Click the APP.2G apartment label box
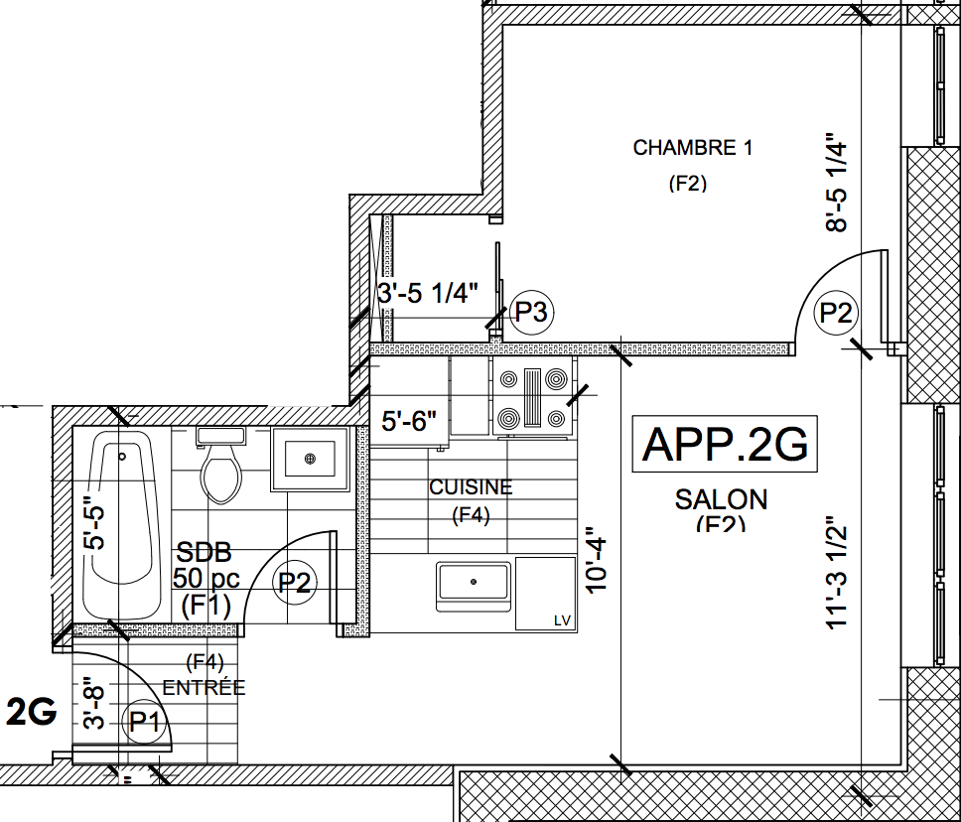point(725,444)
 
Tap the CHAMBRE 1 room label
point(692,148)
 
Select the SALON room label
point(721,498)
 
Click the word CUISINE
point(471,487)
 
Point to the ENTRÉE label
point(204,687)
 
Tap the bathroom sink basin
point(311,459)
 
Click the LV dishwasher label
point(563,621)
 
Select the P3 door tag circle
point(531,313)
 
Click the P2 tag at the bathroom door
point(295,583)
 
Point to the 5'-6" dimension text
point(410,421)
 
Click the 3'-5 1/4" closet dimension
point(428,293)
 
